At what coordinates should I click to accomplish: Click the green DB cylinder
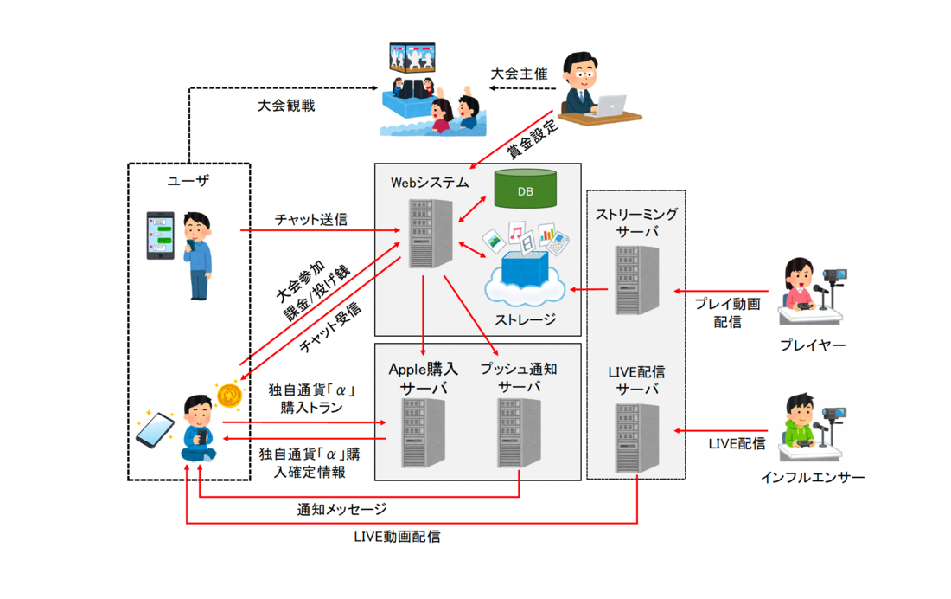coord(525,190)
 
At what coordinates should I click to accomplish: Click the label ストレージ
coord(526,319)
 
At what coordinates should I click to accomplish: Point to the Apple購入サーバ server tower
coord(423,434)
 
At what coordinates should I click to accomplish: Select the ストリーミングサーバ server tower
coord(638,280)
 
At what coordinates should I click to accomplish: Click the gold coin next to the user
coord(230,396)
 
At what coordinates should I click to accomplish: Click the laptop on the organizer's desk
coord(611,105)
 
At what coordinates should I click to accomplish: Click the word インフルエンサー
coord(813,477)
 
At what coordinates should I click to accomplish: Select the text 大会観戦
coord(286,106)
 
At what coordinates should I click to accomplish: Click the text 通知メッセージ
coord(341,509)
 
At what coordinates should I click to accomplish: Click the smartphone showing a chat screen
coord(160,235)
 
